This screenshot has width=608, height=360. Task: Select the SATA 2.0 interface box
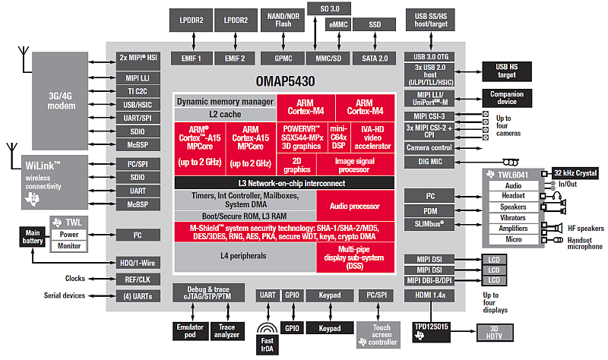coord(373,58)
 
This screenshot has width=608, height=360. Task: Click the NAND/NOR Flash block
coord(283,19)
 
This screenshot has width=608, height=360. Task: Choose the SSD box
coord(375,25)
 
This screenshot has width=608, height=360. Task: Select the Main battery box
coord(33,236)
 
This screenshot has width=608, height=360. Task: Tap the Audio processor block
coord(355,204)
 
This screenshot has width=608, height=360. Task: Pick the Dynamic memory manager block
coord(225,101)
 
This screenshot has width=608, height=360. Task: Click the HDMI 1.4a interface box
coord(429,295)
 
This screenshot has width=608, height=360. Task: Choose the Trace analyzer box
coord(227,331)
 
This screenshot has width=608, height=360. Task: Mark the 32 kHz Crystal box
coord(574,174)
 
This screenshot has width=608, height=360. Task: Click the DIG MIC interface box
coord(429,162)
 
